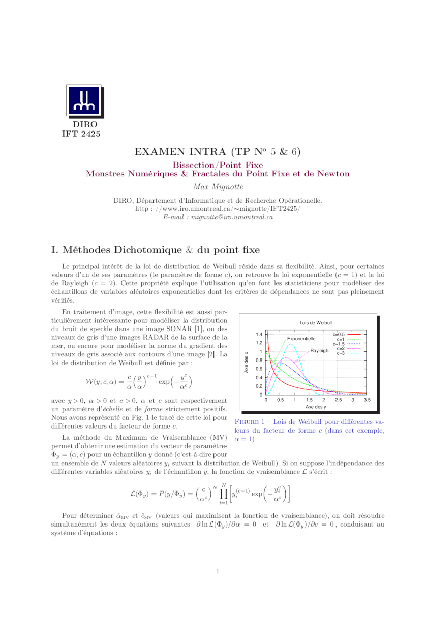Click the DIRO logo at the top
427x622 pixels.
coord(84,102)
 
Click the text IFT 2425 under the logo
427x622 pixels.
coord(81,134)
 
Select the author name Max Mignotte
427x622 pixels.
coord(218,187)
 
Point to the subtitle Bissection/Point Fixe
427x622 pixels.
coord(218,165)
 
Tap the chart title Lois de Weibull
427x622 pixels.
coord(316,323)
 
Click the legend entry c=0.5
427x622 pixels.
coord(339,335)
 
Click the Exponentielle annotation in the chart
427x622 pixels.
coord(301,339)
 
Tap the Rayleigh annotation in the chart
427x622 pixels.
coord(319,351)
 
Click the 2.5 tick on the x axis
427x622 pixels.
coord(338,400)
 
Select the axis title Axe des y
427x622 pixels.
coord(316,407)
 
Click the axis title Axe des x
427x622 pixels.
coord(246,363)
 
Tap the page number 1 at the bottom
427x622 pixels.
coord(218,571)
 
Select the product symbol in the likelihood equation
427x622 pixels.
coord(223,493)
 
